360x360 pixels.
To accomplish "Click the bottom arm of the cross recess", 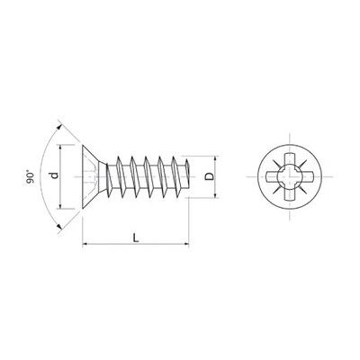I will (x=289, y=195).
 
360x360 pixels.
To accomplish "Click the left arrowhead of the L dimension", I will (x=85, y=243).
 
